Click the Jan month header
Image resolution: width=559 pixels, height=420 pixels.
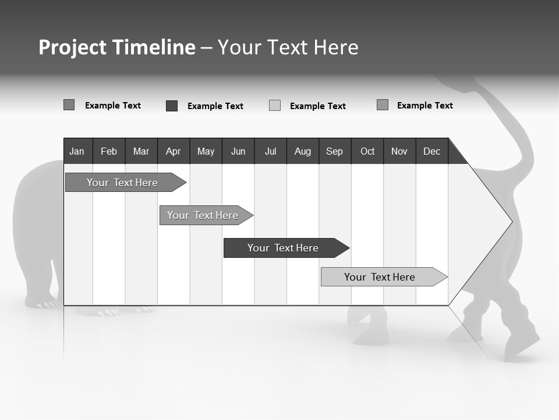[77, 151]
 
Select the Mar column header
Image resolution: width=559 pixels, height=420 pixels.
[141, 151]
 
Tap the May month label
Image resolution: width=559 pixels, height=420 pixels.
[206, 151]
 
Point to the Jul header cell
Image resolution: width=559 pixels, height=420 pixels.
[270, 151]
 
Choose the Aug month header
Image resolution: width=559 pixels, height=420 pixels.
[302, 151]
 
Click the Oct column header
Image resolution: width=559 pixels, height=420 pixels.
[367, 151]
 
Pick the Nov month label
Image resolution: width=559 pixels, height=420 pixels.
[399, 151]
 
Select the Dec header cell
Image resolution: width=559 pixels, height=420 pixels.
[431, 151]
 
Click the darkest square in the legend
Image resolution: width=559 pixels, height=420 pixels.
[172, 106]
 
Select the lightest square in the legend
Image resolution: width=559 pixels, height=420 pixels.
[275, 106]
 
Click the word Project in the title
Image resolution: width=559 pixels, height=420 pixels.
[73, 47]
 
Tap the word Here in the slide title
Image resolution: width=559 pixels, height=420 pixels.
[336, 47]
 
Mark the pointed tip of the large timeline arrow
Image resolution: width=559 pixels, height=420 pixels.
[511, 221]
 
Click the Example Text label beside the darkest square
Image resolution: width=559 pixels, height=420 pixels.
[215, 106]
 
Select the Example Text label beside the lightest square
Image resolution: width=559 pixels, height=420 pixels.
[318, 106]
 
